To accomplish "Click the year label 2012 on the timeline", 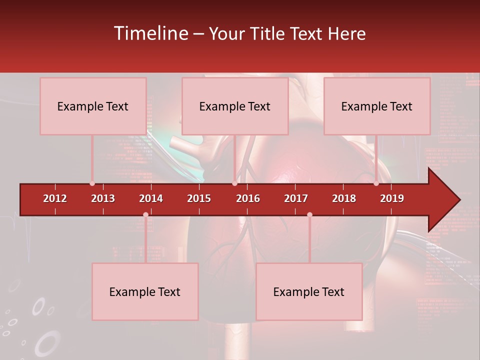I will (x=55, y=198).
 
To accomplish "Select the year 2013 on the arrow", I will (x=103, y=198).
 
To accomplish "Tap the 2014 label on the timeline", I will (x=151, y=198).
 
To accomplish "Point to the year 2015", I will (x=199, y=198).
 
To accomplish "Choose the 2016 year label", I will (x=248, y=198).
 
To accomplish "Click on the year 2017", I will (x=296, y=198).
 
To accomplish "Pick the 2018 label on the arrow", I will (x=344, y=198).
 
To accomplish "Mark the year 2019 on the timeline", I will (x=392, y=198).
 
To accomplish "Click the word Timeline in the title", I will (x=150, y=33).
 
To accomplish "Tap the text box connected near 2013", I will (x=93, y=106).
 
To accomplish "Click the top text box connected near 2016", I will (x=235, y=106).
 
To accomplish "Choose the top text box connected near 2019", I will (x=377, y=106).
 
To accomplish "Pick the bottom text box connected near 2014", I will (x=145, y=291).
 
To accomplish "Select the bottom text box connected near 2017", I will (x=309, y=291).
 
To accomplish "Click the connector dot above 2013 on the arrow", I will (x=92, y=183).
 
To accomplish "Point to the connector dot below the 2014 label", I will (x=145, y=215).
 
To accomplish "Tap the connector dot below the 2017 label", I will (x=309, y=215).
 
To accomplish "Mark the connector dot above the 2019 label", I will (x=376, y=183).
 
